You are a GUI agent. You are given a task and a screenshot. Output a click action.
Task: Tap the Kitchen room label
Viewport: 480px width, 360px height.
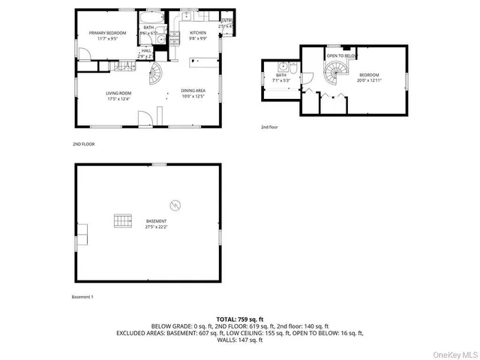pos(198,35)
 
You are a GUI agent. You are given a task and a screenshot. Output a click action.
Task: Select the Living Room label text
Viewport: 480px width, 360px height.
pos(118,94)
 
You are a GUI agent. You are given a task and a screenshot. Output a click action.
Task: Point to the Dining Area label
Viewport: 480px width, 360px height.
pos(193,93)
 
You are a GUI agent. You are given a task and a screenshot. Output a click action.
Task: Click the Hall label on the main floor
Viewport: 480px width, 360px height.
pos(146,53)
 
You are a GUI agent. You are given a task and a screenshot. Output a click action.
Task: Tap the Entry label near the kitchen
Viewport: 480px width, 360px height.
pos(226,23)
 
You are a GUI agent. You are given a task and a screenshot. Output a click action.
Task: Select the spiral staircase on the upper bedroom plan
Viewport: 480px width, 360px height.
pos(333,73)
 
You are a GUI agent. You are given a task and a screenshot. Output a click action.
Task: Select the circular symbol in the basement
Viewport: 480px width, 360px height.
pos(174,205)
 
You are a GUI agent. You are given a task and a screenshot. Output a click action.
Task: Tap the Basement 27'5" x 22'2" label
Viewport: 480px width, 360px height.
pos(156,224)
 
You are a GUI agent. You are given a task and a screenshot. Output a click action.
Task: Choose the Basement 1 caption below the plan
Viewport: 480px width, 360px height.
pos(82,298)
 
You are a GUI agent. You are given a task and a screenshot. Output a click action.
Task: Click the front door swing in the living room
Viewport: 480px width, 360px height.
pos(145,118)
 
